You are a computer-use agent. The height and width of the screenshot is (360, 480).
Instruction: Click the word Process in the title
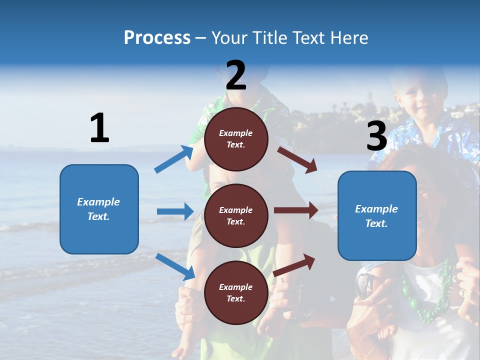point(157,38)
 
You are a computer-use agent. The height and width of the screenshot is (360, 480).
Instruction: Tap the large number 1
point(99,128)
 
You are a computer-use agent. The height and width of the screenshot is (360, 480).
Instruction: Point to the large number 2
point(236,75)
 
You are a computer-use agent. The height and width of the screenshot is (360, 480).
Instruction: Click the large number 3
point(376,136)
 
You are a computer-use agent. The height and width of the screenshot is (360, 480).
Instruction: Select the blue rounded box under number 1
point(99,209)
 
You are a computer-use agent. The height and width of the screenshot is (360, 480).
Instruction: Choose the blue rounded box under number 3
point(377,216)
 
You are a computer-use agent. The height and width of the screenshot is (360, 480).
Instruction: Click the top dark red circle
point(236,139)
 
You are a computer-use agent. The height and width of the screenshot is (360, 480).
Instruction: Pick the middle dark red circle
point(236,215)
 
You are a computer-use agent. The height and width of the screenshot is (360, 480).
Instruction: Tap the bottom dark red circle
point(236,292)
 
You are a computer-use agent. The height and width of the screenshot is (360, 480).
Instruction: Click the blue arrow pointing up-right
point(174,159)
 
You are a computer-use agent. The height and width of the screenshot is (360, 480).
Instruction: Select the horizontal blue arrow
point(175,211)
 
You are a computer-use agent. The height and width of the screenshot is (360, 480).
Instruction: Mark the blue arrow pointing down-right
point(175,266)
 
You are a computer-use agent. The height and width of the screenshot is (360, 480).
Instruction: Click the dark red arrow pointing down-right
point(297,159)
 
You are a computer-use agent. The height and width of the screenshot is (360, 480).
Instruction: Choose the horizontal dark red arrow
point(296,210)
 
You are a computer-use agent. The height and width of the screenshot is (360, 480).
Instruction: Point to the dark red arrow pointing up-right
point(294,265)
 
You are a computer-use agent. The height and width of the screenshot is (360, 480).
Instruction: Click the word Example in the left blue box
point(98,202)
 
